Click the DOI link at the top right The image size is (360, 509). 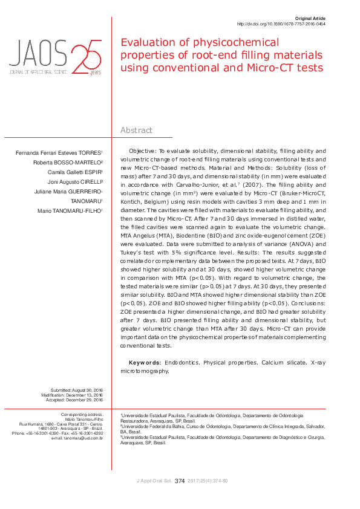[281, 24]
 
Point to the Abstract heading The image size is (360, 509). [137, 130]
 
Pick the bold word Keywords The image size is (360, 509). [145, 362]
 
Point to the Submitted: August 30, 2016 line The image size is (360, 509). [77, 389]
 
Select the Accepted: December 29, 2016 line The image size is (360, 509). [77, 400]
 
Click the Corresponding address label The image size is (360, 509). [83, 414]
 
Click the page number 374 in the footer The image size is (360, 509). [180, 481]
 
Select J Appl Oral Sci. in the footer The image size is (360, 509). [154, 481]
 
